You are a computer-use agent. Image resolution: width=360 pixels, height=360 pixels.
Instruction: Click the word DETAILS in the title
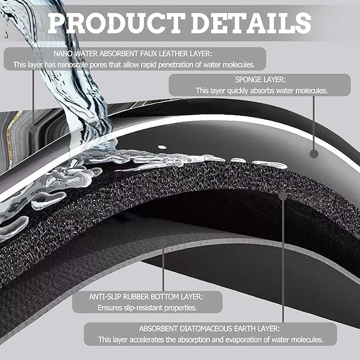point(251,23)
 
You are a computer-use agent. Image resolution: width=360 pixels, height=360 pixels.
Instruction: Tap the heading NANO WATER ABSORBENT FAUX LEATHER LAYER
point(133,54)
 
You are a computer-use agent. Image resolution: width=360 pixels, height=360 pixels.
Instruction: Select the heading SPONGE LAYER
point(260,80)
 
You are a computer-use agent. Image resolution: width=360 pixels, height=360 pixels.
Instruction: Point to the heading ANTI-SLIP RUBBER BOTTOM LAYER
point(146,296)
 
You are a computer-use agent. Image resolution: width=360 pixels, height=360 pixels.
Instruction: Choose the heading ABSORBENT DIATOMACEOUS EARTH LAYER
point(209,329)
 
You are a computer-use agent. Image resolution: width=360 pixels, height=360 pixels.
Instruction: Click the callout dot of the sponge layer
point(314,154)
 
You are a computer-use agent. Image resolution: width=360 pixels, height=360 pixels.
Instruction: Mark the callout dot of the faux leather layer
point(33,129)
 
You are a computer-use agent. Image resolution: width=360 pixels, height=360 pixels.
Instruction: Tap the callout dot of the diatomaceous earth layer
point(283,196)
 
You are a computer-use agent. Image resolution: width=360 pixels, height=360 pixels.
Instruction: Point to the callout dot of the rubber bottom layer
point(163,243)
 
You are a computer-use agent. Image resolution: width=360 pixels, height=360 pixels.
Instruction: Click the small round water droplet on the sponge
point(162,147)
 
